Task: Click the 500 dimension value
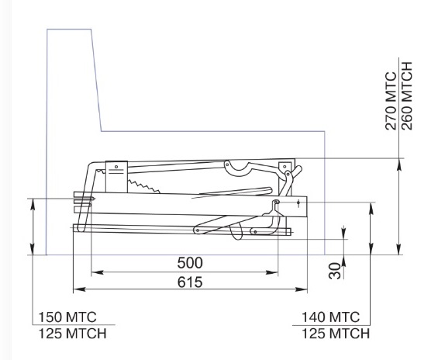(190, 263)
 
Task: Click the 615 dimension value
(190, 282)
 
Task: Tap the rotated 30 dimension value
(335, 271)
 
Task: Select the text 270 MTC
(391, 101)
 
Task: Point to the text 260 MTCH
(406, 96)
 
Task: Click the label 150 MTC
(67, 317)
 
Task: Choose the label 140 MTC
(330, 317)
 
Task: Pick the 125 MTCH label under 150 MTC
(72, 334)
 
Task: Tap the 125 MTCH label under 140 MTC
(336, 334)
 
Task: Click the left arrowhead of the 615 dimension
(79, 289)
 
